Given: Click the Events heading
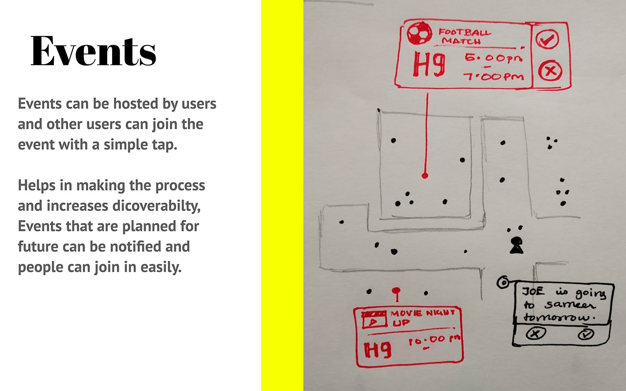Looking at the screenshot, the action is pyautogui.click(x=93, y=51).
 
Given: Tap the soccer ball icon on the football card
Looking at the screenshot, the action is pyautogui.click(x=419, y=33).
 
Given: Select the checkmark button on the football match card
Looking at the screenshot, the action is pyautogui.click(x=547, y=39).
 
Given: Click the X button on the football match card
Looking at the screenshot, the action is pyautogui.click(x=550, y=71).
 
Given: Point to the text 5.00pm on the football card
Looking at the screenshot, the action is pyautogui.click(x=493, y=58).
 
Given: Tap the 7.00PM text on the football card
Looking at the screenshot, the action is pyautogui.click(x=493, y=76).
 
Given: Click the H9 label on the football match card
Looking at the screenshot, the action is pyautogui.click(x=429, y=65).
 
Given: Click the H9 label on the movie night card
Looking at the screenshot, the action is pyautogui.click(x=378, y=350).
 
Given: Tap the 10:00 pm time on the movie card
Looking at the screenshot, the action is pyautogui.click(x=434, y=341).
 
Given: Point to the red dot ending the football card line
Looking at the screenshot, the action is pyautogui.click(x=425, y=175).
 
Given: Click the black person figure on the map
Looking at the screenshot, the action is pyautogui.click(x=516, y=246).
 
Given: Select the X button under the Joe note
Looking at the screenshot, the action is pyautogui.click(x=535, y=333).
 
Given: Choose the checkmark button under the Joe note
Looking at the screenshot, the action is pyautogui.click(x=586, y=334).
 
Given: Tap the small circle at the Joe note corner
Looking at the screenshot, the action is pyautogui.click(x=503, y=283).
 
